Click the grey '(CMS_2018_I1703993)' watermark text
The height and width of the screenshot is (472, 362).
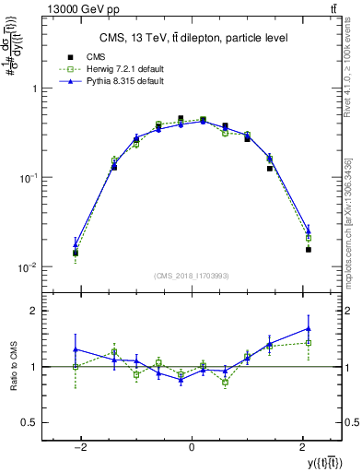(x=192, y=275)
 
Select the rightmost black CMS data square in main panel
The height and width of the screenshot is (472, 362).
(x=309, y=249)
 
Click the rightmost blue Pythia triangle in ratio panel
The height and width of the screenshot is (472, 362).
(x=309, y=328)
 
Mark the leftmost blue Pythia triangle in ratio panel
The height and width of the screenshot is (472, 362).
(x=76, y=349)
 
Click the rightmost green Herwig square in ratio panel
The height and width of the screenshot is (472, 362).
(x=309, y=343)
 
